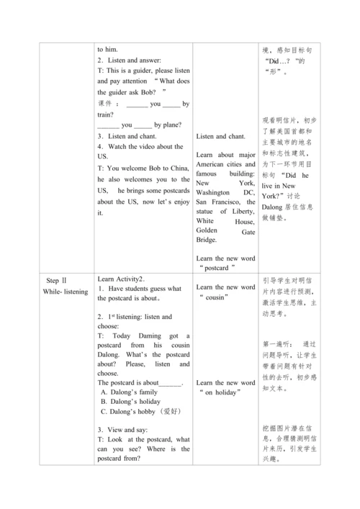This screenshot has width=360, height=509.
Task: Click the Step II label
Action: (55, 281)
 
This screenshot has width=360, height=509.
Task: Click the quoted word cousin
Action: (225, 297)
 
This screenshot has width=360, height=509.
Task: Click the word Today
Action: (120, 335)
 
